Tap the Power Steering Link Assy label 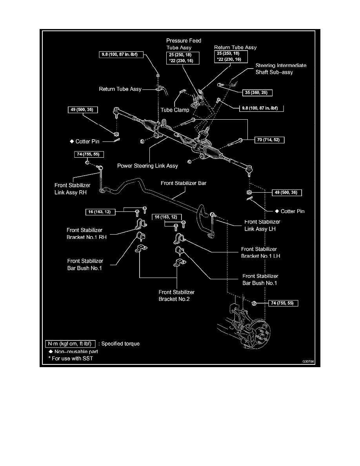147,166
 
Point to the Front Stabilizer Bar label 184,183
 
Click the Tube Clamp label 175,110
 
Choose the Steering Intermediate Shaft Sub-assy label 281,69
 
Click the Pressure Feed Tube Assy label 184,44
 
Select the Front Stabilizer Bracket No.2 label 176,296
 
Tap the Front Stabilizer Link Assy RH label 72,189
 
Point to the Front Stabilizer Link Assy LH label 262,225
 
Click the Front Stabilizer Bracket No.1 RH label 86,234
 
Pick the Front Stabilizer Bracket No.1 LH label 260,253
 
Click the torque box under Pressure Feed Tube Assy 183,58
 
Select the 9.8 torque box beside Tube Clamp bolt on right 262,108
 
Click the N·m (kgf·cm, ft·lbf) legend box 70,344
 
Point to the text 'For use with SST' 73,359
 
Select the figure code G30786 308,362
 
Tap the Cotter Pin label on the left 87,142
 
